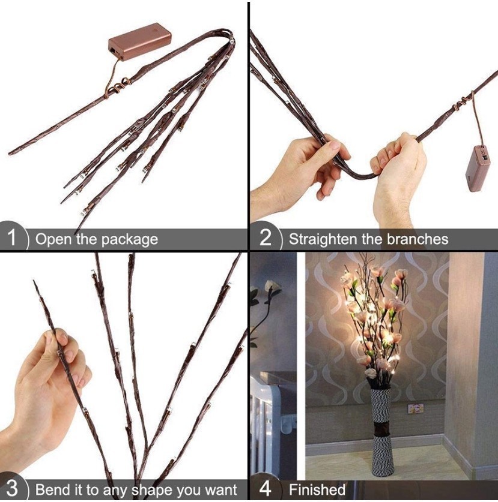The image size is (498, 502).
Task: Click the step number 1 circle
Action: pyautogui.click(x=13, y=238)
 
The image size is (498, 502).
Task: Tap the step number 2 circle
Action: pyautogui.click(x=265, y=238)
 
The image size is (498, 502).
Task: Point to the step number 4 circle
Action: pyautogui.click(x=265, y=489)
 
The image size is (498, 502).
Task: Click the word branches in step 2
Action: pyautogui.click(x=418, y=239)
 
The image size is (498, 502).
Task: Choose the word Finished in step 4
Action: pyautogui.click(x=317, y=489)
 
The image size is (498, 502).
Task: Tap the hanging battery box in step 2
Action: pyautogui.click(x=478, y=169)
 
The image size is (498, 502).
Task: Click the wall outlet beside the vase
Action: pyautogui.click(x=415, y=408)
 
